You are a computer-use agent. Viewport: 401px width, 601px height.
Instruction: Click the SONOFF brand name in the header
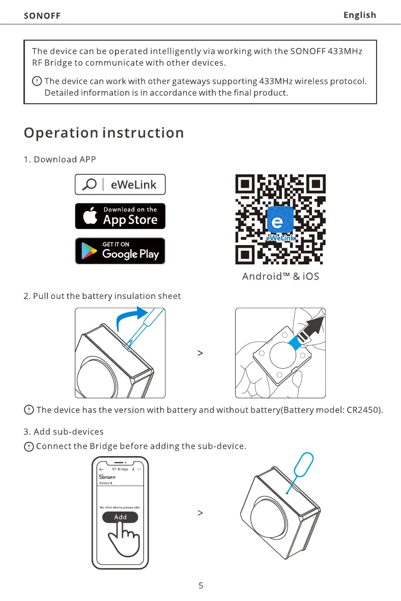(x=42, y=16)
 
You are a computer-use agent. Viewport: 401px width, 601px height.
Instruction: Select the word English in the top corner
(x=359, y=15)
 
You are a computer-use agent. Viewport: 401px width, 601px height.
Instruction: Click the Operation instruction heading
(x=104, y=133)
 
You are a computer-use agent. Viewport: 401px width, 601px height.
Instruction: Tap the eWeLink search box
(x=120, y=185)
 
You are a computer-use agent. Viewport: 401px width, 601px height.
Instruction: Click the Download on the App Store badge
(x=120, y=216)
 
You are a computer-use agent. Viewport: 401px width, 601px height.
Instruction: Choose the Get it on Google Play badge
(x=120, y=251)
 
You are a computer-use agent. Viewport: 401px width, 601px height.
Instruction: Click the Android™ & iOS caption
(x=280, y=277)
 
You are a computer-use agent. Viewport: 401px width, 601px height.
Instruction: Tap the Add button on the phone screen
(x=120, y=517)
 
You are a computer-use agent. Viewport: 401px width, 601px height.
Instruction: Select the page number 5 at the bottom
(x=200, y=586)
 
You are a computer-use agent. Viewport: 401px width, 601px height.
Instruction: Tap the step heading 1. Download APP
(x=60, y=159)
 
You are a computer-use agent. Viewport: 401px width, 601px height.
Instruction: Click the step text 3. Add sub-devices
(x=64, y=432)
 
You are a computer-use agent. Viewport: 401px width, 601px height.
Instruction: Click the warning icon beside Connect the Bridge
(x=29, y=446)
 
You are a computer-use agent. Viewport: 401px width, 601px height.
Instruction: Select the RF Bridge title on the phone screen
(x=120, y=469)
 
